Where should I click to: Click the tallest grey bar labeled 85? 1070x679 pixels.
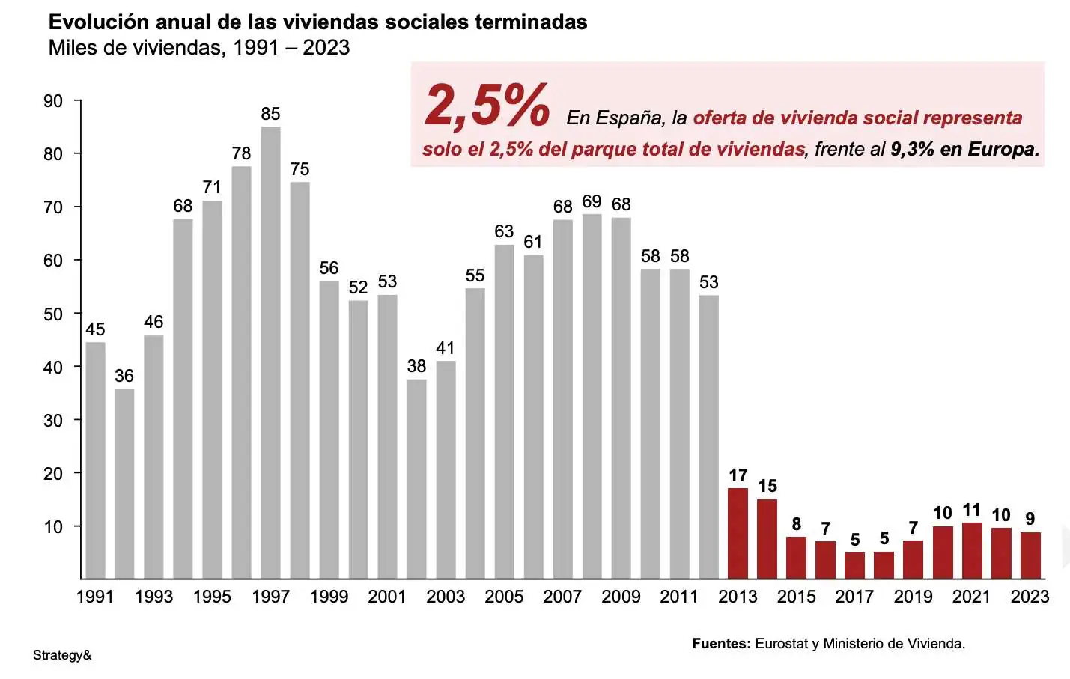(270, 352)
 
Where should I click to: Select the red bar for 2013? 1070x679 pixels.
(738, 533)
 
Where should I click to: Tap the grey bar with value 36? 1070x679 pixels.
(124, 484)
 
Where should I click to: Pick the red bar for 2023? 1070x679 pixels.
(1030, 555)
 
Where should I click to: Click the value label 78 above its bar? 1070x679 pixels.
(241, 153)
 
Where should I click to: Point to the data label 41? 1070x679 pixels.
(446, 348)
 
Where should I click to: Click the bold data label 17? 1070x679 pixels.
(738, 475)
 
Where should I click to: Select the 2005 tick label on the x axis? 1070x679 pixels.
(504, 597)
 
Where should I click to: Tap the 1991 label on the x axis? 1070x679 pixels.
(95, 597)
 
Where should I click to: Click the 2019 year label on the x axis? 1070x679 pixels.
(913, 597)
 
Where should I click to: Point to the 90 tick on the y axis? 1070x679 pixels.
(53, 101)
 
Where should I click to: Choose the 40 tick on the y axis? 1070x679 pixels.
(53, 367)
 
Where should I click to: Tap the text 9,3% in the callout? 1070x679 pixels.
(912, 149)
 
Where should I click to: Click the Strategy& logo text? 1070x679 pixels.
(62, 655)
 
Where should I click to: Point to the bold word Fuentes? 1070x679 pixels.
(721, 643)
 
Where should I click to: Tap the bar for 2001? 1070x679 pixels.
(387, 436)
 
